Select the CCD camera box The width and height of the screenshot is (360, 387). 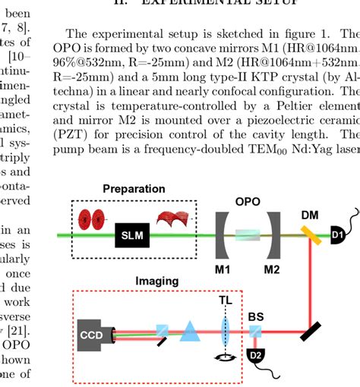[93, 332]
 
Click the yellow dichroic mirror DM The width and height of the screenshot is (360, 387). [311, 237]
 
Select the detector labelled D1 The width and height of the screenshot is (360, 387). [337, 237]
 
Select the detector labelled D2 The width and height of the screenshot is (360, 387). [255, 356]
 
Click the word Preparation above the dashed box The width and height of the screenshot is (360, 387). [134, 189]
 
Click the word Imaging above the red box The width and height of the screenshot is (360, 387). [157, 281]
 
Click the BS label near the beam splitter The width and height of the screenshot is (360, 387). [256, 314]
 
